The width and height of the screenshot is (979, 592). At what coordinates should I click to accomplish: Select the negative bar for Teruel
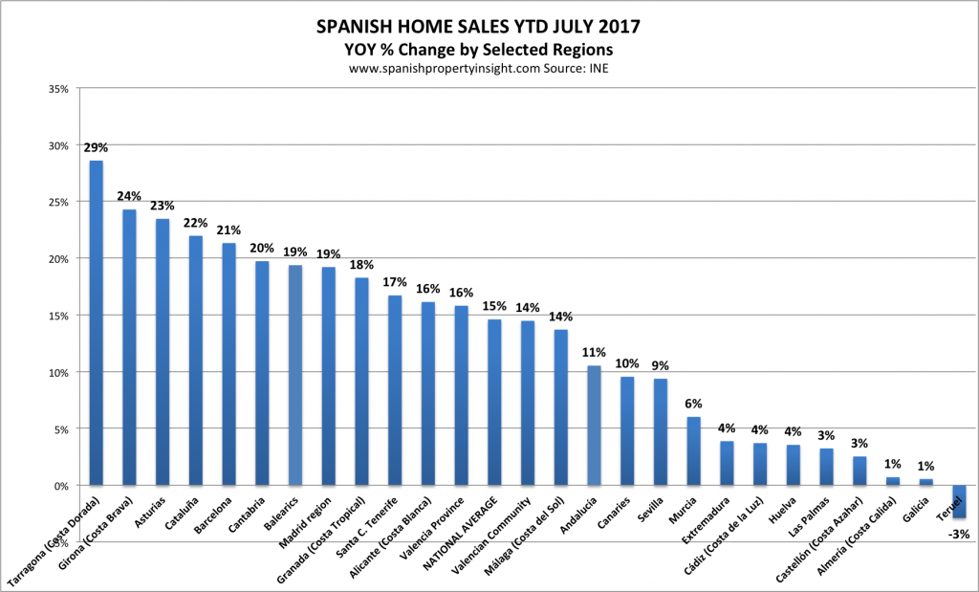[959, 502]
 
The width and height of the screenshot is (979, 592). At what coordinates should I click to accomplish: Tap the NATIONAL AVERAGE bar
[494, 403]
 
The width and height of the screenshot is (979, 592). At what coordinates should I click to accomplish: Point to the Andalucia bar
[594, 426]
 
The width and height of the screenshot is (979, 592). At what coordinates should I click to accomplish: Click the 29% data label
[97, 147]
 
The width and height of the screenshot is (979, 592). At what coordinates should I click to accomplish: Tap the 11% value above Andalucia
[594, 353]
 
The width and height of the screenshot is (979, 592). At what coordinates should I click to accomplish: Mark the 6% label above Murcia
[693, 404]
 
